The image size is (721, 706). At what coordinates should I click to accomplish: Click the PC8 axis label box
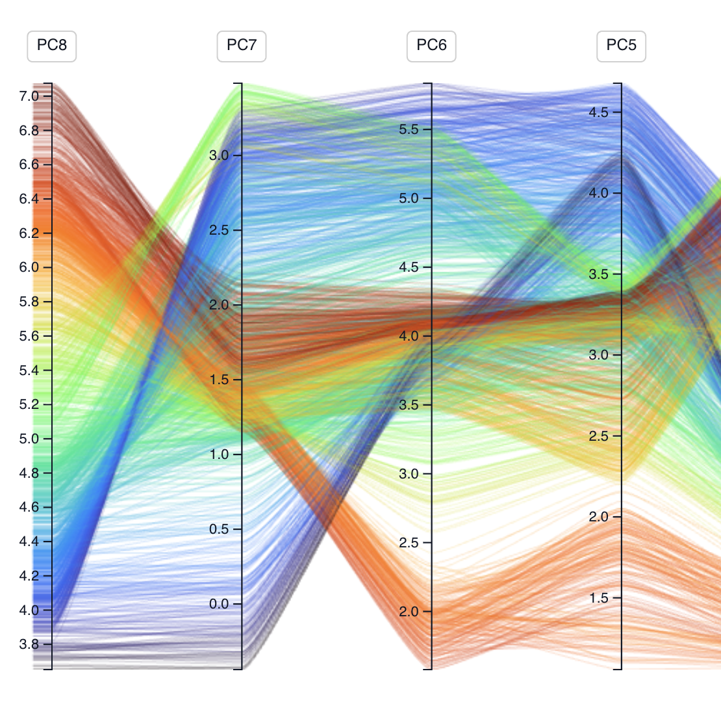coord(51,46)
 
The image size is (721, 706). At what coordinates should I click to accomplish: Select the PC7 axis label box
coord(241,46)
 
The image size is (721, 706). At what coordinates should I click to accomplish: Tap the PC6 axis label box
coord(431,46)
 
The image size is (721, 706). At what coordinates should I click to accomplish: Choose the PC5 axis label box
coord(621,46)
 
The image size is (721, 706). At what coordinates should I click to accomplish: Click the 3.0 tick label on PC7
coord(219,155)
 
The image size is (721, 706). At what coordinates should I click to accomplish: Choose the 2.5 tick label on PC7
coord(219,230)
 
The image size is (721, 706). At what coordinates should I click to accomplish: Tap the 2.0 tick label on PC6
coord(409,612)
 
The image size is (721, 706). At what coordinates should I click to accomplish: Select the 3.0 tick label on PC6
coord(409,474)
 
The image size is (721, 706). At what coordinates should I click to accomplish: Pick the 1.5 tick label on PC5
coord(599,598)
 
